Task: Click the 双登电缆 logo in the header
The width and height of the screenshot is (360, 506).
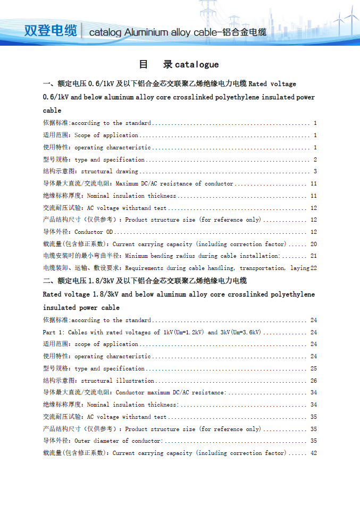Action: coord(51,30)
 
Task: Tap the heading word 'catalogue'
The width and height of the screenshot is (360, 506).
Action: coord(197,64)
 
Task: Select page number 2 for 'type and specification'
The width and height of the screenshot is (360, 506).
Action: coord(315,159)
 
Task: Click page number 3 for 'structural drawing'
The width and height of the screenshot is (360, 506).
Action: coord(315,172)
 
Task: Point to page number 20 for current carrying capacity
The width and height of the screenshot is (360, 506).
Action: coord(314,244)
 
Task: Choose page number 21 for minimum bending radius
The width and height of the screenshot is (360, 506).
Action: coord(314,256)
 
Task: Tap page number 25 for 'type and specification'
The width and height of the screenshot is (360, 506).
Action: coord(314,368)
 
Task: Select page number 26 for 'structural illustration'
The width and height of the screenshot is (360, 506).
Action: coord(314,381)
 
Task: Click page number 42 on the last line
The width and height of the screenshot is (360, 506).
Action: coord(314,453)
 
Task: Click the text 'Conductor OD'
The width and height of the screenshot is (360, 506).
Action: coord(94,232)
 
